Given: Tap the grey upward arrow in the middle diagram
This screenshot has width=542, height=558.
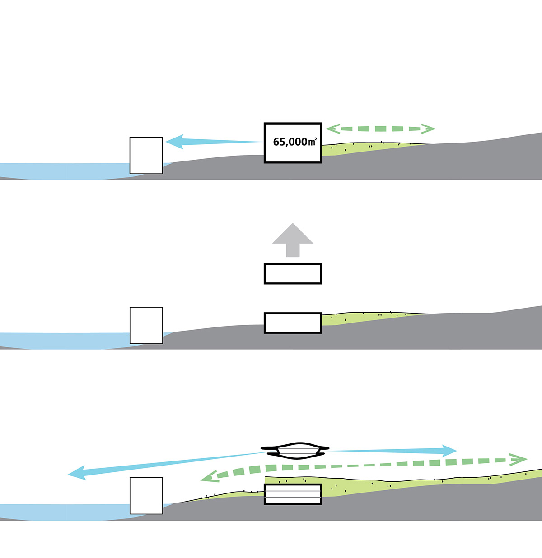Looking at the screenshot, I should click(293, 239).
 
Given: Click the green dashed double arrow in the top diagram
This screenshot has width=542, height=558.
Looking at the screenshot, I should click(380, 129).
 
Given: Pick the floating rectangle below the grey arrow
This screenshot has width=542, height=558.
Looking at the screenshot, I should click(293, 274).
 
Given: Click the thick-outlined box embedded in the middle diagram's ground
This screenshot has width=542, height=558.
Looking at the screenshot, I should click(293, 323).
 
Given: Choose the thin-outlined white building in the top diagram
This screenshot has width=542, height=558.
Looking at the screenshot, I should click(146, 155).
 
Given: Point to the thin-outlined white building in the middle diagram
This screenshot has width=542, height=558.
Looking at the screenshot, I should click(146, 325).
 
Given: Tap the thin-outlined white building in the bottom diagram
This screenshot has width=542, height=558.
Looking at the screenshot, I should click(146, 495).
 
